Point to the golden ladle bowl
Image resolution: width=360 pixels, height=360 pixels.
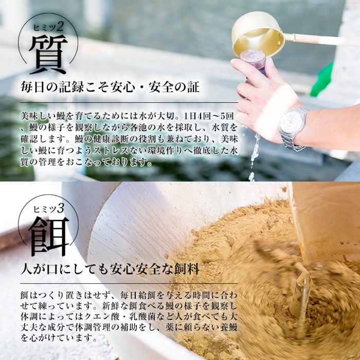(257, 33)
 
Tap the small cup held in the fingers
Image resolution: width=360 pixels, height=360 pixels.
(253, 60)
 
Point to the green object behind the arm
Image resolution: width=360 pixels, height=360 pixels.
(323, 80)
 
